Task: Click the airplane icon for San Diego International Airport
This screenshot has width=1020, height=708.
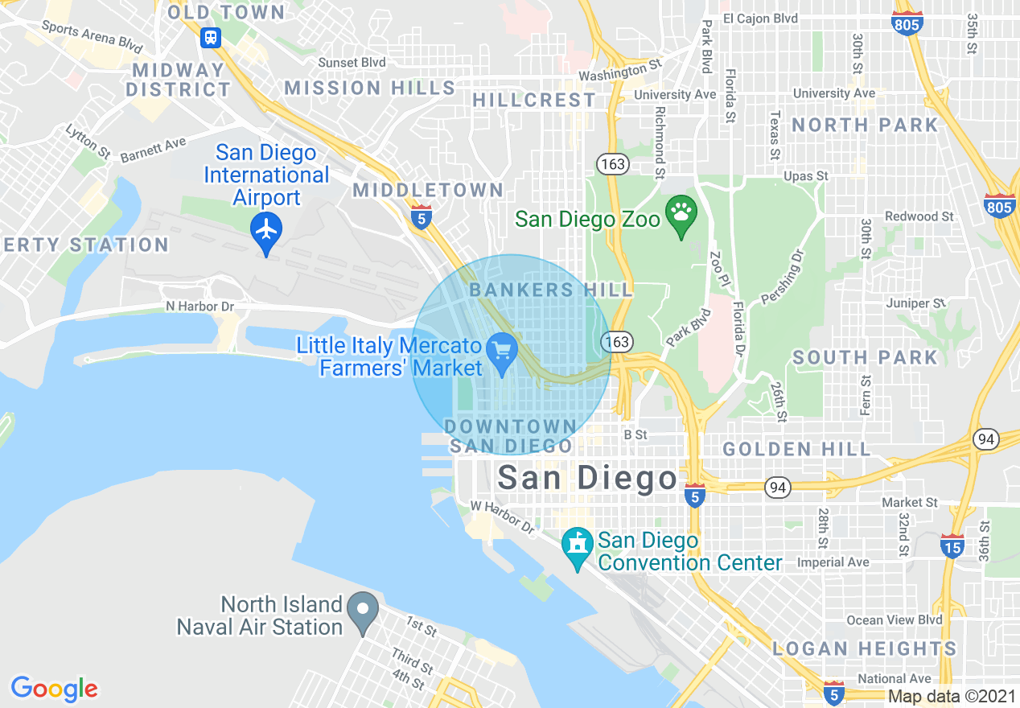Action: point(265,230)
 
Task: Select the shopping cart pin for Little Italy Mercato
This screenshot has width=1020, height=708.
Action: point(503,352)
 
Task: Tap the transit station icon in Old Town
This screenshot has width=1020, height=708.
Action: point(211,37)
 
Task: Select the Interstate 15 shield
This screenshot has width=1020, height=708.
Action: point(952,546)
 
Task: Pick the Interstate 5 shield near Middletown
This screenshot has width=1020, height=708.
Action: point(421,217)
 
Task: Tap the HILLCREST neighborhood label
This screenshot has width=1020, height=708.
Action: point(534,101)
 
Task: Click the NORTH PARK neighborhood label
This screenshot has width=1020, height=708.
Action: point(865,126)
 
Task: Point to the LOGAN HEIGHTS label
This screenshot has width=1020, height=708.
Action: point(864,648)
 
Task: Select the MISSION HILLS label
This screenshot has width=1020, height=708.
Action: point(370,88)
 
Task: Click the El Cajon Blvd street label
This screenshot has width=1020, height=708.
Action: point(760,19)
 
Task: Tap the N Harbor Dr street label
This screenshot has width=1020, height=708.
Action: point(199,307)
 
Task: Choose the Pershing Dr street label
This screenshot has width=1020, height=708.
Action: point(782,278)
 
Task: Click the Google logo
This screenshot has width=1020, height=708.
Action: point(54,689)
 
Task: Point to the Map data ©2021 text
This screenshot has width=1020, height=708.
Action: point(952,698)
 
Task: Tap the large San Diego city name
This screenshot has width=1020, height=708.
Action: point(587,478)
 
